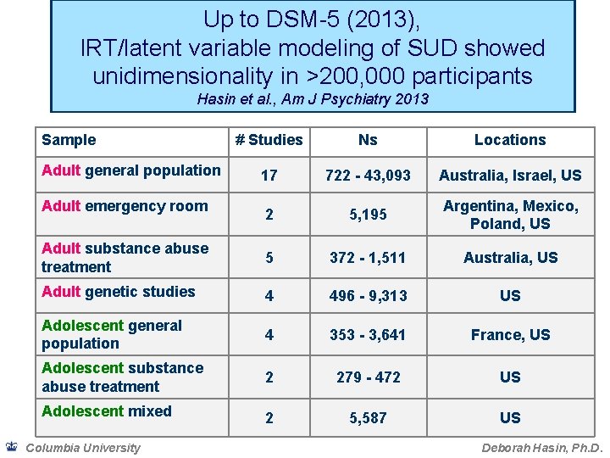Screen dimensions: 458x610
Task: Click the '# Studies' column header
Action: click(x=269, y=140)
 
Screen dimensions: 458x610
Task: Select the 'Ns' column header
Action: click(x=368, y=140)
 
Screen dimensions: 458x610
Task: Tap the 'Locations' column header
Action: click(x=510, y=140)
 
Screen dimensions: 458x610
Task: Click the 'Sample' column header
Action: click(x=69, y=140)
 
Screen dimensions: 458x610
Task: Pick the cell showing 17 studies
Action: click(x=269, y=176)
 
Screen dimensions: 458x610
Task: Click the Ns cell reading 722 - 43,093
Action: click(x=368, y=176)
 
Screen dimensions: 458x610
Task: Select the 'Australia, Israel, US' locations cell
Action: click(x=510, y=176)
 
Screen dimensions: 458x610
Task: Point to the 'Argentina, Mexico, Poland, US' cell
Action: click(x=510, y=215)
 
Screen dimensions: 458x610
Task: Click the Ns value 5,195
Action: click(x=368, y=215)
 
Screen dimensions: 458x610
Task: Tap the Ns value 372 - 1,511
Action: click(x=368, y=257)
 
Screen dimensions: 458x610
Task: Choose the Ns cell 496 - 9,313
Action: click(x=368, y=296)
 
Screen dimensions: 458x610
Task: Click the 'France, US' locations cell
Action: click(x=510, y=335)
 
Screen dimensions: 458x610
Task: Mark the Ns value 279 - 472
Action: click(x=368, y=377)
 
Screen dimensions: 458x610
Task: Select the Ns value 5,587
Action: click(x=368, y=417)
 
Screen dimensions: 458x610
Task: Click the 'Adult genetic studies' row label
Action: click(x=119, y=292)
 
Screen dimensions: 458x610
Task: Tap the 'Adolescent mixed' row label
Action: click(x=107, y=411)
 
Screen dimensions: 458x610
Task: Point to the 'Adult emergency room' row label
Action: click(x=125, y=206)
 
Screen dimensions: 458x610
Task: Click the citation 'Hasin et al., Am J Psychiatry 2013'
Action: click(x=313, y=99)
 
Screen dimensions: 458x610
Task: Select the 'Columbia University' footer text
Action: click(x=83, y=448)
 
